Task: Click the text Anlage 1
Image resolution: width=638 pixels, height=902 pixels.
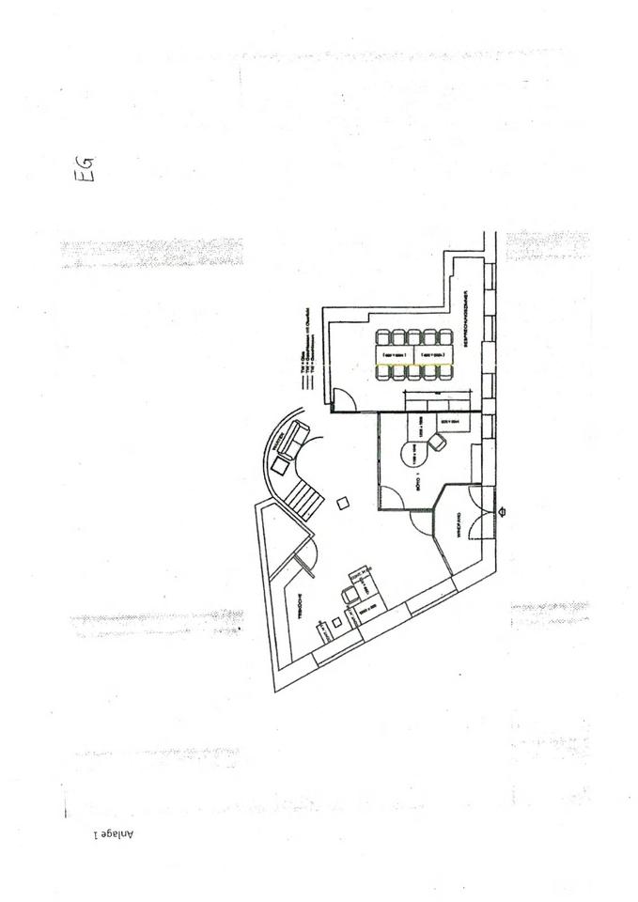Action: coord(114,832)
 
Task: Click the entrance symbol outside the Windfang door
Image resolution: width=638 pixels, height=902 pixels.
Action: coord(504,512)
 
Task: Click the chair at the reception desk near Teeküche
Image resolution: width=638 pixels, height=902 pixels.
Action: coord(351,594)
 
